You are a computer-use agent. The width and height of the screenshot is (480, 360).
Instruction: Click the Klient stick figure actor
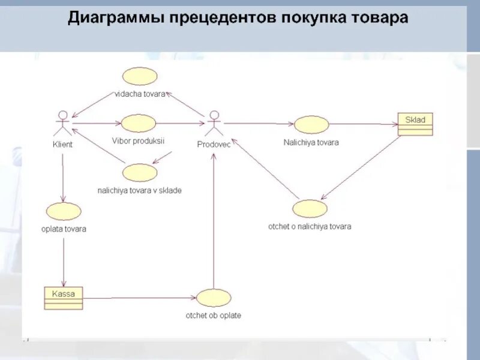tap(62, 124)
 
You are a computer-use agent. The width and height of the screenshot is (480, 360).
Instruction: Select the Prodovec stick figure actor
tap(213, 124)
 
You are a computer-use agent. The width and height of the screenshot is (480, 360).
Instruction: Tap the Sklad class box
tap(415, 124)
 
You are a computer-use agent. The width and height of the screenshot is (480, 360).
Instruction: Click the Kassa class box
tap(63, 298)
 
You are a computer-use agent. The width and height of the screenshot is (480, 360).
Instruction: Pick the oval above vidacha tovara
tap(140, 76)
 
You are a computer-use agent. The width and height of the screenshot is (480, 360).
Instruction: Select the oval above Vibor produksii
tap(138, 123)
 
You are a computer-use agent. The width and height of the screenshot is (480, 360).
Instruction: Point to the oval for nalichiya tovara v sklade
tap(139, 173)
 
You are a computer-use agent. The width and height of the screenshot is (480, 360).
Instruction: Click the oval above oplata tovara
tap(63, 211)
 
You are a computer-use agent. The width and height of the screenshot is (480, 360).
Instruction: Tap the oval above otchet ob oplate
tap(214, 298)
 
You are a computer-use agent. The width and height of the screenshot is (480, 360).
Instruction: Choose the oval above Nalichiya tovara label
tap(311, 124)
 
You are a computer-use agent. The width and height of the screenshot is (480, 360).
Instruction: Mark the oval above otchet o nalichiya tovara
tap(310, 208)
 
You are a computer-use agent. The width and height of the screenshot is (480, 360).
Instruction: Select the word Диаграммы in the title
tap(113, 17)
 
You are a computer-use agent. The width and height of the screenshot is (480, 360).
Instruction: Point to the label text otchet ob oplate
tap(214, 315)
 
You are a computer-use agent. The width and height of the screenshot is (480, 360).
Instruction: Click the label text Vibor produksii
tap(138, 140)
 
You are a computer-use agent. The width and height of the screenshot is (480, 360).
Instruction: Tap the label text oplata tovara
tap(64, 229)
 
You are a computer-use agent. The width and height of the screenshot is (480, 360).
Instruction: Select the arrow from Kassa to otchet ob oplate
tap(139, 298)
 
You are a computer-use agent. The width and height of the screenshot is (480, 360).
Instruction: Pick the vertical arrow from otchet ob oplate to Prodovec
tap(214, 222)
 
